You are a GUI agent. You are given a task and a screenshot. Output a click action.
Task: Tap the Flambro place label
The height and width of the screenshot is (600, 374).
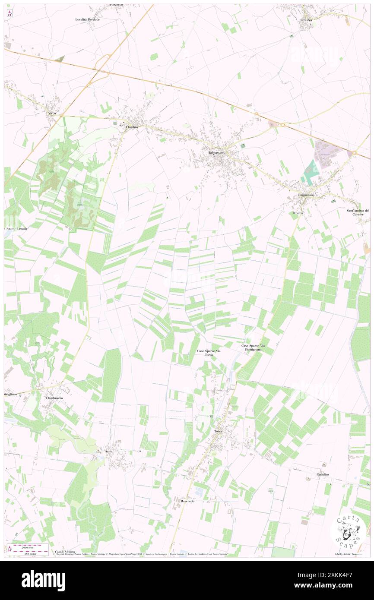tap(131, 128)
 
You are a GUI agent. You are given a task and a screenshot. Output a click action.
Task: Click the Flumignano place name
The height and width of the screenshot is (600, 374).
tap(306, 195)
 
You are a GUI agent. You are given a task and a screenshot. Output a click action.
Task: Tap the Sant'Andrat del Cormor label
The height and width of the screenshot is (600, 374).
tap(358, 212)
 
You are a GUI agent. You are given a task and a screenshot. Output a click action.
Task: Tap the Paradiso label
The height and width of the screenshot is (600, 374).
tap(322, 474)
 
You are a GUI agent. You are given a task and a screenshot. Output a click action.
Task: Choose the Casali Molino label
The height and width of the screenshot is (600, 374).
tap(65, 552)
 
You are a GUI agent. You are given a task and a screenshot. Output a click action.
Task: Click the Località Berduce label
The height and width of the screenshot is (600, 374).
tap(87, 19)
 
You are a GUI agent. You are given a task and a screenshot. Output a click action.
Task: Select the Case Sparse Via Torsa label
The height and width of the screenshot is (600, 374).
tap(209, 353)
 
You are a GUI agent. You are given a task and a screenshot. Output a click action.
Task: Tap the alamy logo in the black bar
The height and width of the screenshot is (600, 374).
tap(43, 580)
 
